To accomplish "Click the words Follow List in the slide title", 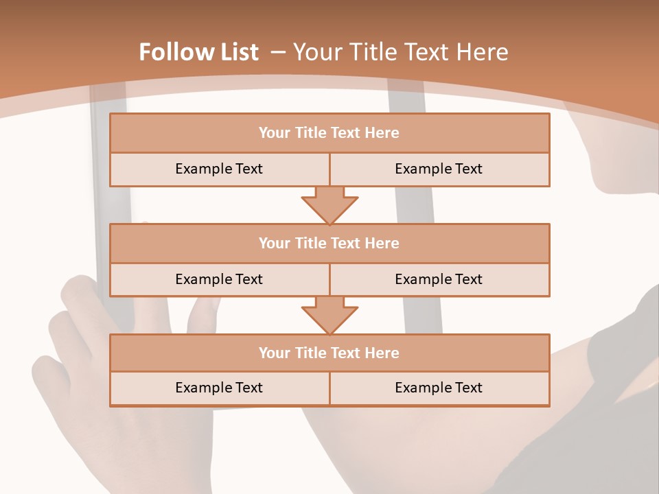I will [x=198, y=52].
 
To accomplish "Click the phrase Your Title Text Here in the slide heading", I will [x=400, y=52].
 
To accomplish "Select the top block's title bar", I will [x=329, y=133].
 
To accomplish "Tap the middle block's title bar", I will [x=329, y=244].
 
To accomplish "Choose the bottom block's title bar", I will [x=329, y=353].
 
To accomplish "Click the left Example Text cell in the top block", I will [x=219, y=169].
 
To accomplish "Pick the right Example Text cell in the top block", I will [x=439, y=169].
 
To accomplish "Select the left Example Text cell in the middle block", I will [x=219, y=279].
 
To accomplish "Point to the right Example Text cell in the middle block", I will [x=439, y=279].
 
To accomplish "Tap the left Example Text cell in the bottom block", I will [x=219, y=388].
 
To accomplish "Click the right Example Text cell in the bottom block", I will [x=439, y=388].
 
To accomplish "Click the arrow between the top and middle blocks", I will [x=329, y=205].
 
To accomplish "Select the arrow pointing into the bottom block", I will [x=329, y=315].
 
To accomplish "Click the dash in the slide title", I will [x=278, y=52].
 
